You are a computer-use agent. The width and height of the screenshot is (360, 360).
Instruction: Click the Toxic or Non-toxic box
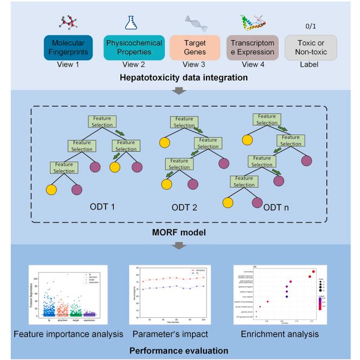pyautogui.click(x=307, y=49)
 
